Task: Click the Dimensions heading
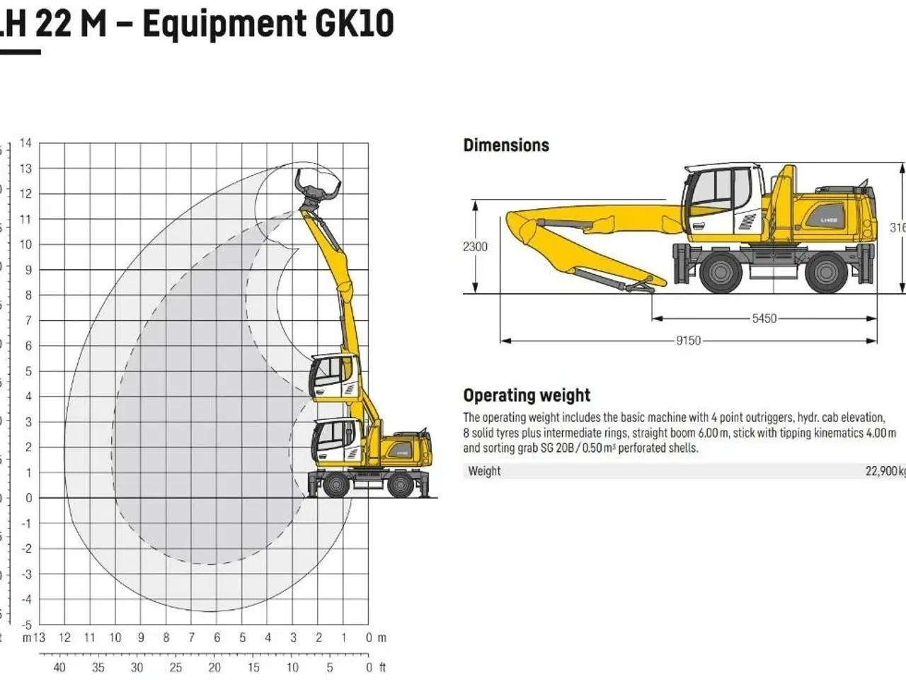point(506,145)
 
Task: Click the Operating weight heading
point(527,395)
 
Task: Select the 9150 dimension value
point(688,341)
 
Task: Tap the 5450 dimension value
point(764,319)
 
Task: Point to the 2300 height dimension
point(475,246)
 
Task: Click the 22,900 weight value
point(884,471)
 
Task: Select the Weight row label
point(484,471)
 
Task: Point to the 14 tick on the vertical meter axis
point(25,143)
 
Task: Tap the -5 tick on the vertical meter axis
point(25,625)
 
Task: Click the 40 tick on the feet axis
point(59,667)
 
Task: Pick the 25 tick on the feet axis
point(176,667)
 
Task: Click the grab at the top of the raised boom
point(311,188)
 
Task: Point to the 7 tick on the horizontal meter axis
point(191,637)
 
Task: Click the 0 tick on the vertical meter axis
point(28,498)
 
